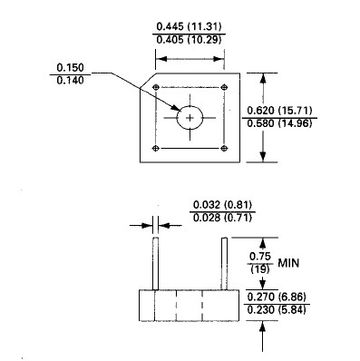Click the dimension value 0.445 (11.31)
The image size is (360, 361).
(189, 26)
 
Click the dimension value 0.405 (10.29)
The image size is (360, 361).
(189, 39)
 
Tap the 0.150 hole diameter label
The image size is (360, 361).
(70, 67)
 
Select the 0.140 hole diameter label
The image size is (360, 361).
(70, 81)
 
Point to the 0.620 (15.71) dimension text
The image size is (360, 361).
(279, 111)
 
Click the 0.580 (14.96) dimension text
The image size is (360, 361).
(279, 123)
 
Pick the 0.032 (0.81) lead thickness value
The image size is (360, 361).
(222, 205)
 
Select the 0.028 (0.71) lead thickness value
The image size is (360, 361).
(222, 218)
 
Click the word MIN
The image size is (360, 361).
(288, 263)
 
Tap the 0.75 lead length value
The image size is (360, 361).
(260, 257)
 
